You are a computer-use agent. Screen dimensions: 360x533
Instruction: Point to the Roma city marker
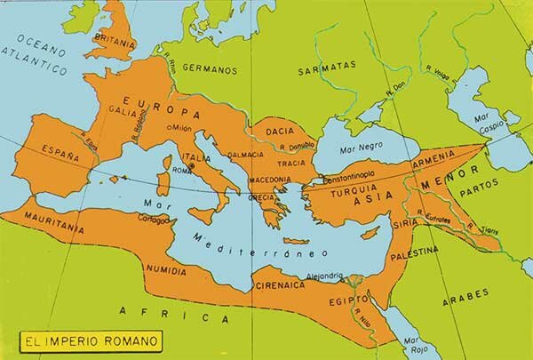190,165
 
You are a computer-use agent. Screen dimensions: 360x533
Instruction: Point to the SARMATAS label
327,66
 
